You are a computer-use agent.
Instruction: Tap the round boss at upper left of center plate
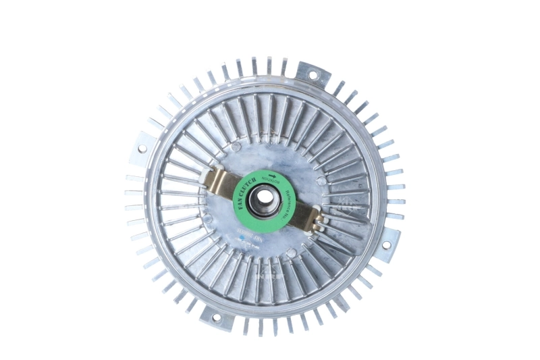coord(236,147)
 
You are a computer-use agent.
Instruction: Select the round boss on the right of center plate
coord(321,181)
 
